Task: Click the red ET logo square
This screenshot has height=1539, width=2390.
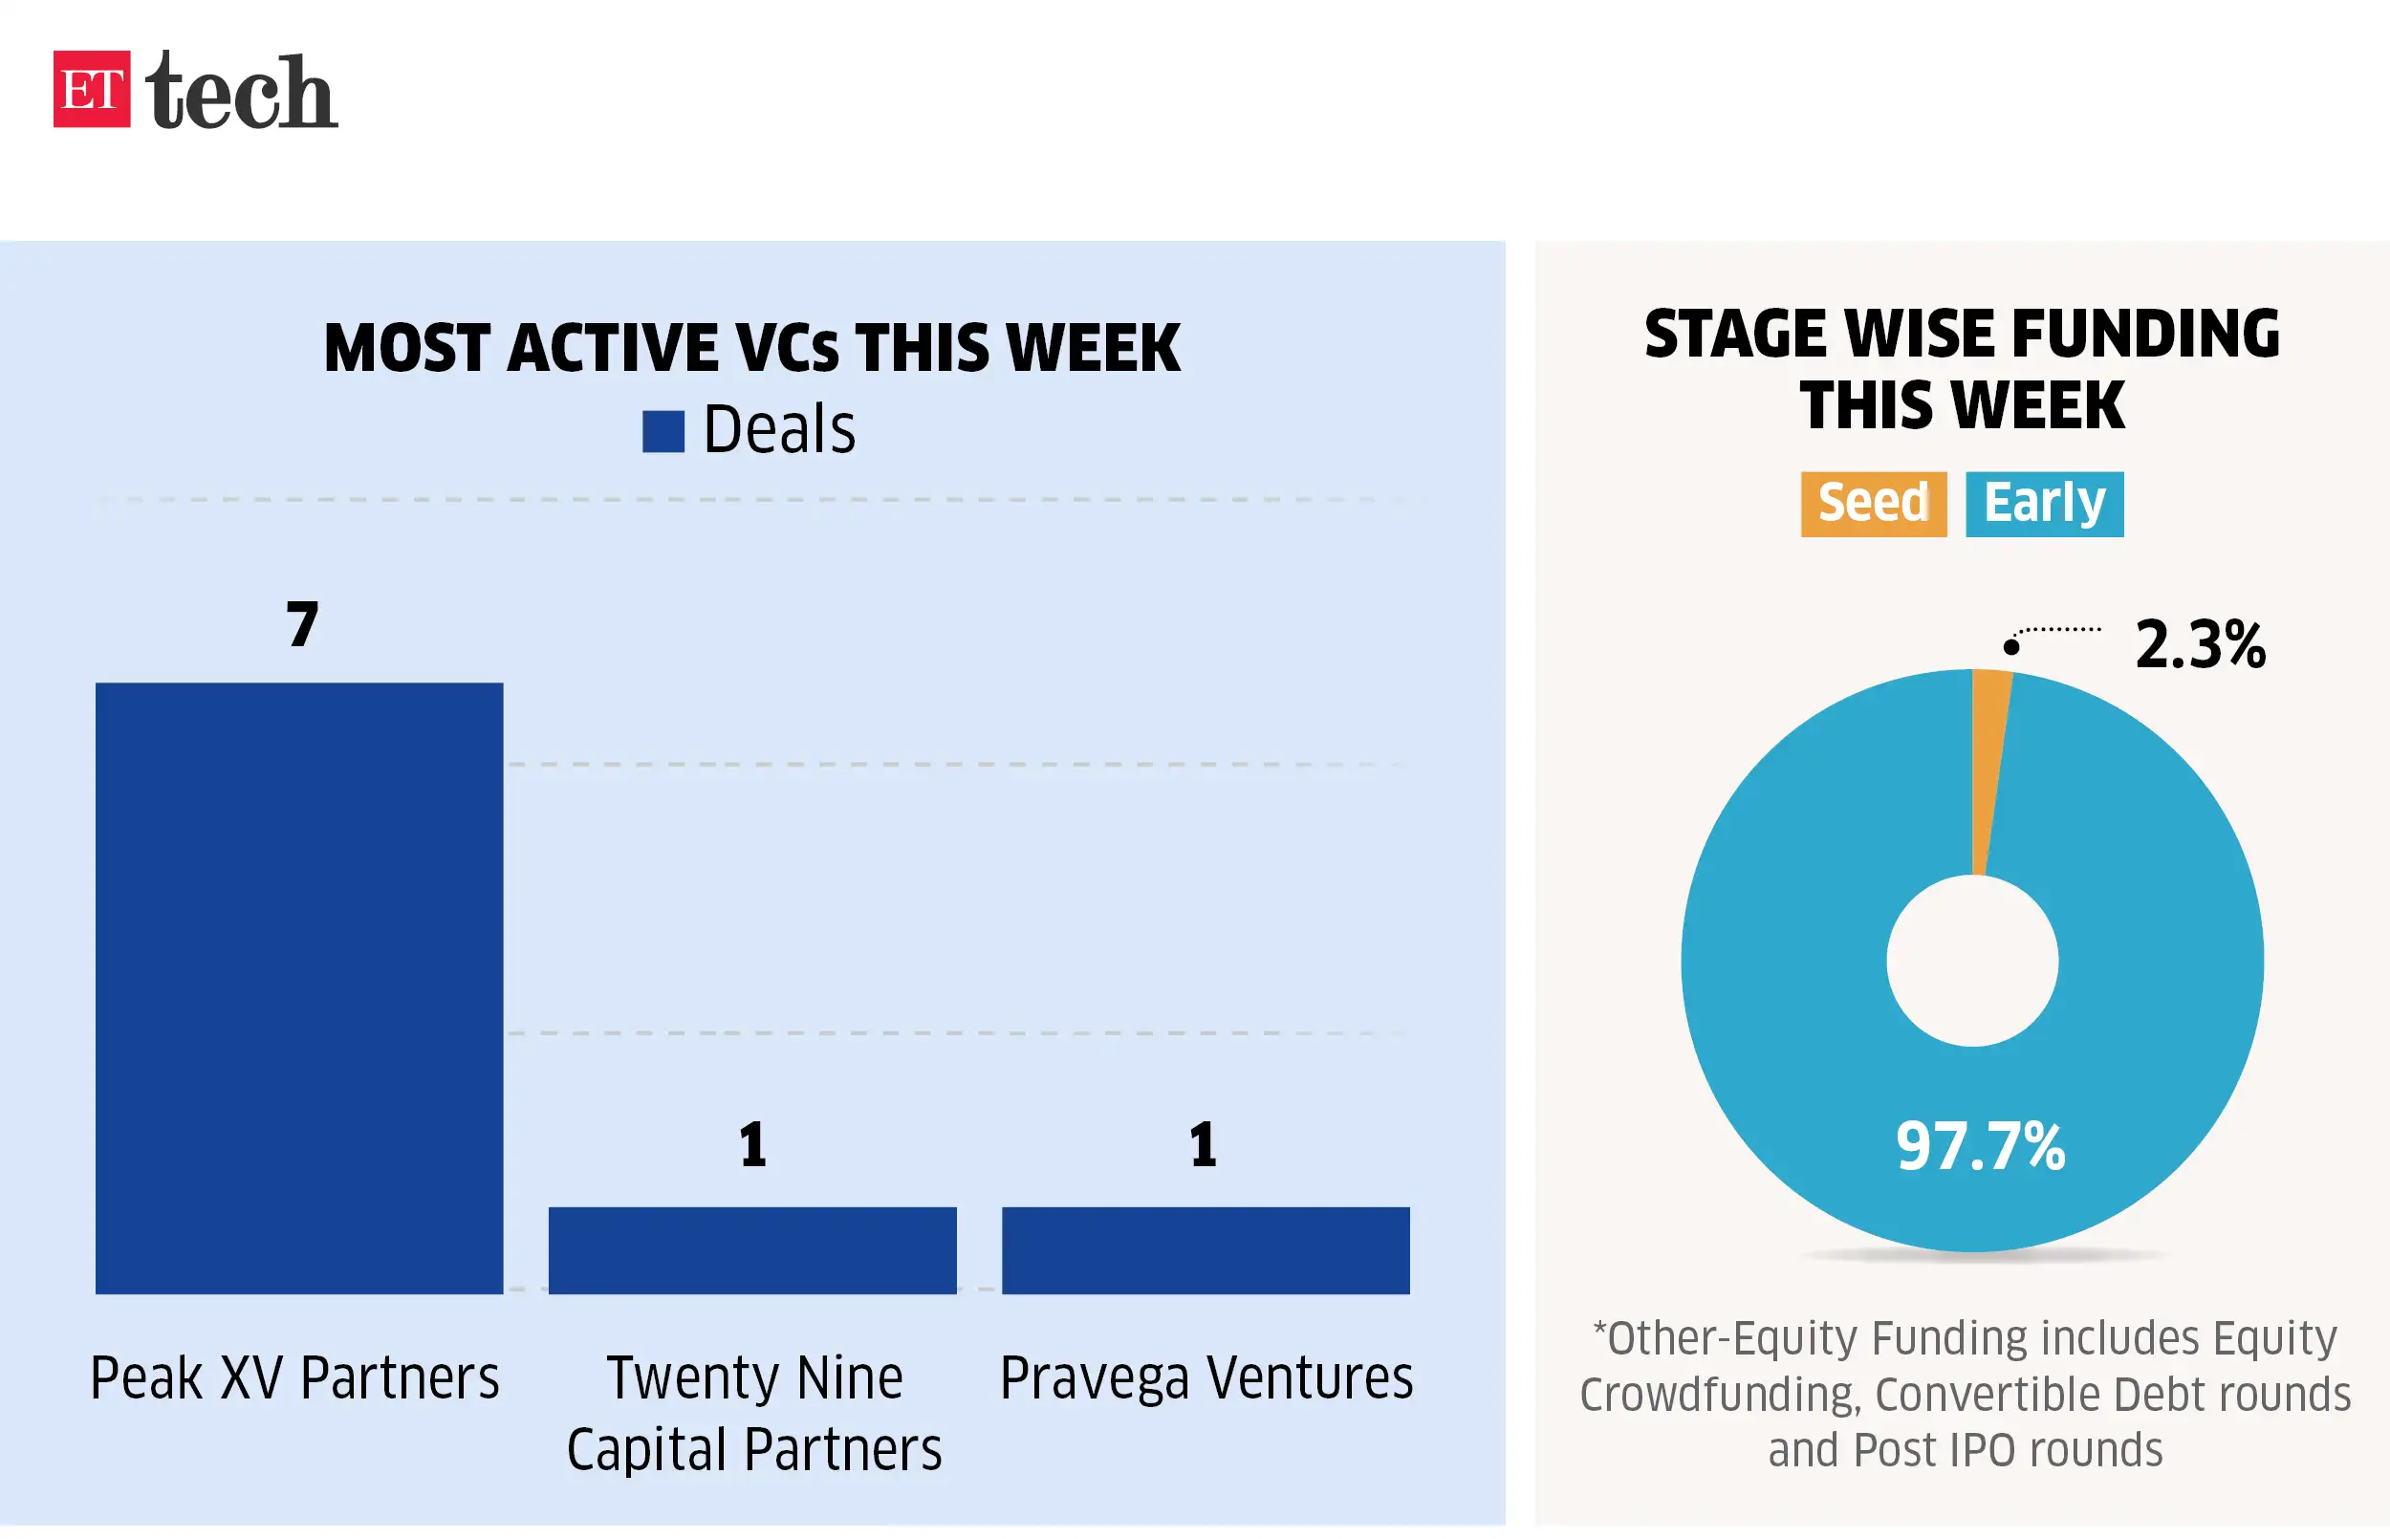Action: (x=91, y=89)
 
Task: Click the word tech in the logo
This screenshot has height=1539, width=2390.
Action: (x=241, y=92)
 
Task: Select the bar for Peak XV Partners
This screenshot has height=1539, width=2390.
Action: (x=298, y=987)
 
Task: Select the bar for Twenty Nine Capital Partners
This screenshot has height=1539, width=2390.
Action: (x=752, y=1250)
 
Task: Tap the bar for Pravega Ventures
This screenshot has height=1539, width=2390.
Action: (x=1205, y=1250)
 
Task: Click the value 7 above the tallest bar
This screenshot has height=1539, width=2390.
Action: (x=302, y=625)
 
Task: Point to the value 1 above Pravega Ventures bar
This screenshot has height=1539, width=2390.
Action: (x=1203, y=1145)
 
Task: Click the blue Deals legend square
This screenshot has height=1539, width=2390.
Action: (x=663, y=432)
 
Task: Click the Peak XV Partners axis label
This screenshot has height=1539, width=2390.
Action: (x=294, y=1378)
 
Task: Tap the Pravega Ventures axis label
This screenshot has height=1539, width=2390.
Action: (x=1206, y=1378)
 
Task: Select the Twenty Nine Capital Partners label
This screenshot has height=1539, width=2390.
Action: (x=754, y=1413)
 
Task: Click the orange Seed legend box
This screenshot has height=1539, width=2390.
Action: (x=1873, y=504)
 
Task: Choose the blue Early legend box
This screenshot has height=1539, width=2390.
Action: (x=2043, y=504)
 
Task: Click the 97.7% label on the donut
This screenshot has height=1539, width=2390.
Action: (x=1979, y=1146)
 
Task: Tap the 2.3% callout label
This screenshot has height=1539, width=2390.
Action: (x=2199, y=644)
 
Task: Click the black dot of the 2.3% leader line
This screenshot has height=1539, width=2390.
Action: (x=2011, y=646)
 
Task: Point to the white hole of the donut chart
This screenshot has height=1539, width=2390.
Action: (x=1971, y=961)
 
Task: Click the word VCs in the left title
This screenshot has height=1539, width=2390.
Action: (x=787, y=349)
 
